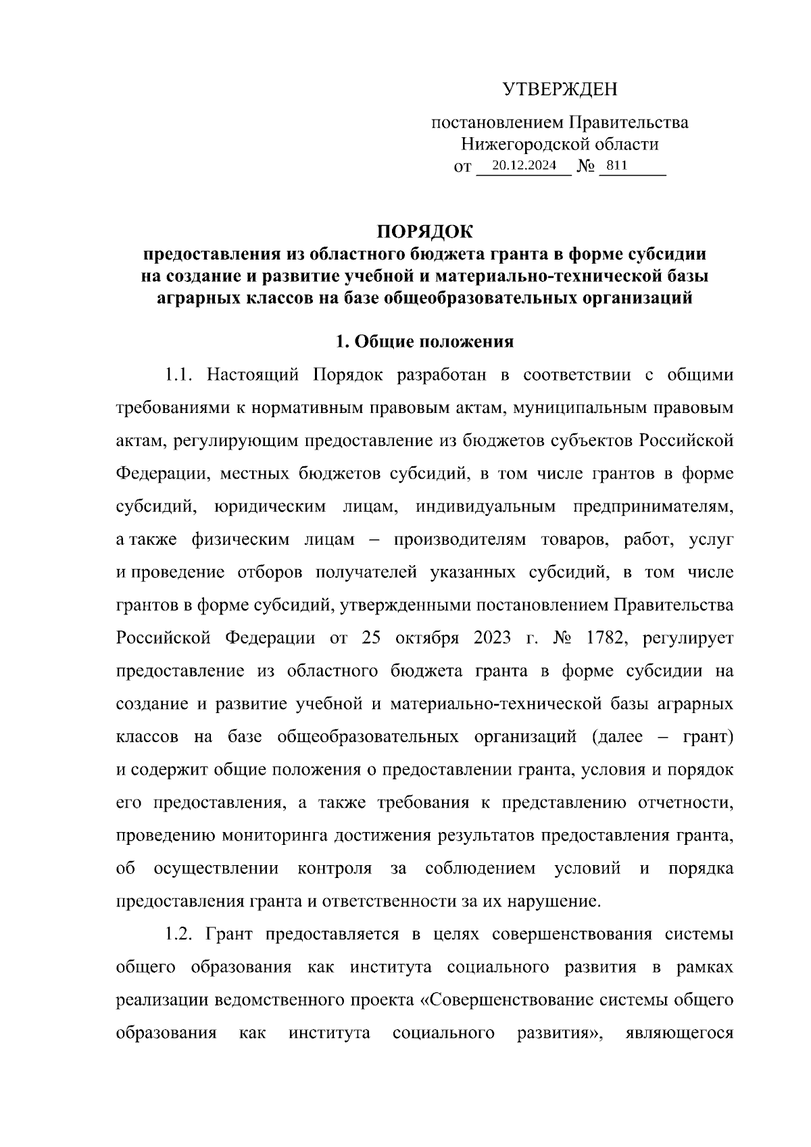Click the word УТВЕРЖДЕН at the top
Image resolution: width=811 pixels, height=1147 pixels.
coord(560,89)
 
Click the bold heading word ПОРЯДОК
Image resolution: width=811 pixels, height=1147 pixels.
coord(425,232)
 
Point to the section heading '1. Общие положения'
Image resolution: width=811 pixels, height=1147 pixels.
coord(425,342)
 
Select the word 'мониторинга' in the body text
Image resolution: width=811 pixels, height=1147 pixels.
coord(262,835)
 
